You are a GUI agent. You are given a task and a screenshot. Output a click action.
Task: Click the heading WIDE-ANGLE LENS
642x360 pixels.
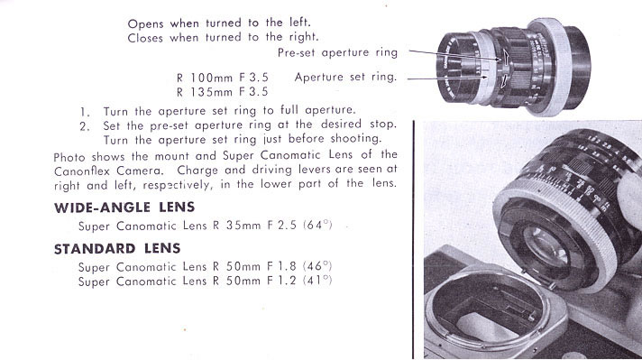(x=124, y=208)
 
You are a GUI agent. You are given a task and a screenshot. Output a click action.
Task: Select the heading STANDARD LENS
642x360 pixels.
(x=117, y=249)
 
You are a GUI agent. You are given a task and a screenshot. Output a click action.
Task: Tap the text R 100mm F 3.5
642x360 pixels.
(x=223, y=78)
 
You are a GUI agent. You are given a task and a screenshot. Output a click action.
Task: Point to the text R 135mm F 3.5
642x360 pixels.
(x=223, y=92)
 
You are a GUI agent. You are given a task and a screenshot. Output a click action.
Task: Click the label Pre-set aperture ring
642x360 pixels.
(x=337, y=53)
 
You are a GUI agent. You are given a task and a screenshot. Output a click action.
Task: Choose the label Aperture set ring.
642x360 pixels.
(x=345, y=77)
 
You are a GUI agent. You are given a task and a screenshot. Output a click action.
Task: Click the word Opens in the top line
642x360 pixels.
(x=146, y=23)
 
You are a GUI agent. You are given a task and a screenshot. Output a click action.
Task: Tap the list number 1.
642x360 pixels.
(x=85, y=112)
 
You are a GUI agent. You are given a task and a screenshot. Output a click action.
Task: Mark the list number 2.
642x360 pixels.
(x=85, y=126)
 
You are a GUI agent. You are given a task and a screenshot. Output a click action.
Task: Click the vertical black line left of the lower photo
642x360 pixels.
(x=414, y=240)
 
